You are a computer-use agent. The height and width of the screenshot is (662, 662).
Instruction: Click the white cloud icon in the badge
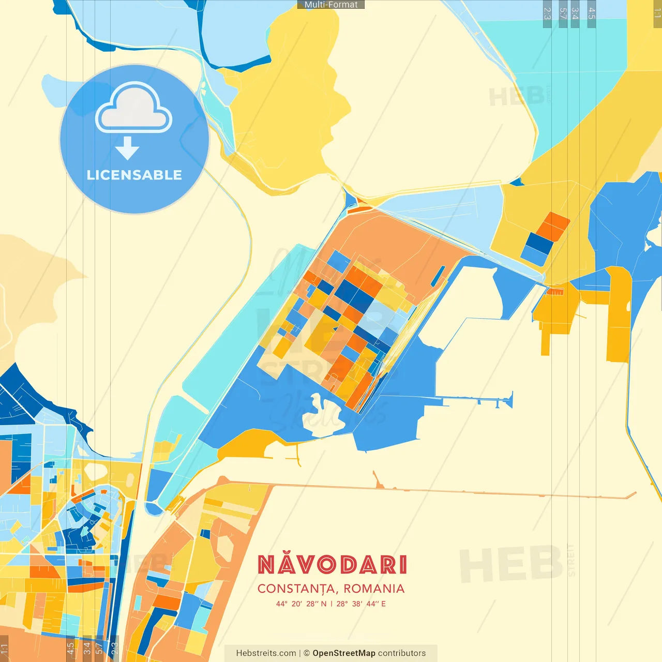[x=133, y=109]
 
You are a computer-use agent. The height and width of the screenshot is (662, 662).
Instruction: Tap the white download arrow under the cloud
[x=127, y=148]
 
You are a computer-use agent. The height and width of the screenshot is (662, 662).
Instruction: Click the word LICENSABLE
[x=134, y=175]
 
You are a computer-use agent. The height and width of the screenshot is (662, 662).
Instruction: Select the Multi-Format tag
[x=331, y=5]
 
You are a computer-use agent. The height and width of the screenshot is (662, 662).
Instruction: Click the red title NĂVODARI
[x=332, y=565]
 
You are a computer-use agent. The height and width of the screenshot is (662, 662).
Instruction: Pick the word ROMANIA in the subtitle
[x=374, y=589]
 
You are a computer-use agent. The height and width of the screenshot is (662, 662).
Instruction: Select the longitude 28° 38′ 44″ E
[x=361, y=604]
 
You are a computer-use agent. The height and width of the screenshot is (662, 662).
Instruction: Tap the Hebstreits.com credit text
[x=266, y=653]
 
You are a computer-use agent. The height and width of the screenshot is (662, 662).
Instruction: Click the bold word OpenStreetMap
[x=343, y=653]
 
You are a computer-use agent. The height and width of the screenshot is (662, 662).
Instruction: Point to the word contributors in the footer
[x=402, y=653]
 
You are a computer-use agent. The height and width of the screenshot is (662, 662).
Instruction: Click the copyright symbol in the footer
[x=306, y=653]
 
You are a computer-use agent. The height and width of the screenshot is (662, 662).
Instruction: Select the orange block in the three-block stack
[x=553, y=226]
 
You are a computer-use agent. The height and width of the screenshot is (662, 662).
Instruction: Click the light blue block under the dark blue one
[x=533, y=255]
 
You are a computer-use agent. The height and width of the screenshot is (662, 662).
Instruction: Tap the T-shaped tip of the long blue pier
[x=510, y=400]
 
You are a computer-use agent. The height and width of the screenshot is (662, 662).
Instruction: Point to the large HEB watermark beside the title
[x=510, y=564]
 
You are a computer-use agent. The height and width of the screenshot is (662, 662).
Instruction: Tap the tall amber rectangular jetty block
[x=619, y=315]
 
